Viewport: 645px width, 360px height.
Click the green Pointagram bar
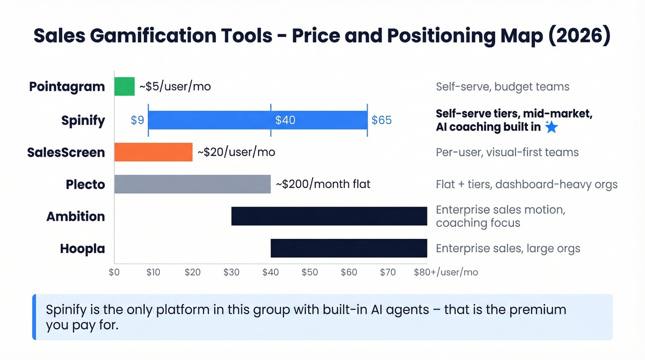[x=124, y=86]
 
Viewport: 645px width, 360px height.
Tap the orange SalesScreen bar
[x=153, y=152]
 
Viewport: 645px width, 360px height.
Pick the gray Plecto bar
[x=192, y=184]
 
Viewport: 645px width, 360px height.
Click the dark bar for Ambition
[x=329, y=216]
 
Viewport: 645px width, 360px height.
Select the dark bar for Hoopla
[x=349, y=248]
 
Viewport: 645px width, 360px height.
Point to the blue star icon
[x=551, y=127]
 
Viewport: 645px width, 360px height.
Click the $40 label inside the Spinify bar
[x=285, y=120]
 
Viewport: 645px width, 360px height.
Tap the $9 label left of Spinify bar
[x=137, y=120]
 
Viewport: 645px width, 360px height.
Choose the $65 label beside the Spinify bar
[x=381, y=120]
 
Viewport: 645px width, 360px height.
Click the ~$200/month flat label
[x=323, y=184]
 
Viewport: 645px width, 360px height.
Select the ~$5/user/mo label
[x=175, y=86]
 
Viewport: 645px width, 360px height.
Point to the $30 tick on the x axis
[x=231, y=272]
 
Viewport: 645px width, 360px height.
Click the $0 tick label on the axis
[x=114, y=272]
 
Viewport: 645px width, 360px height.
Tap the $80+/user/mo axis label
[x=446, y=272]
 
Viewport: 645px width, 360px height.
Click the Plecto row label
[x=85, y=184]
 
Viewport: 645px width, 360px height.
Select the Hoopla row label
[x=82, y=248]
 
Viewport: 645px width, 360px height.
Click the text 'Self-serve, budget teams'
[x=503, y=86]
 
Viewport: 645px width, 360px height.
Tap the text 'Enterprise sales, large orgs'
[x=508, y=248]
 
